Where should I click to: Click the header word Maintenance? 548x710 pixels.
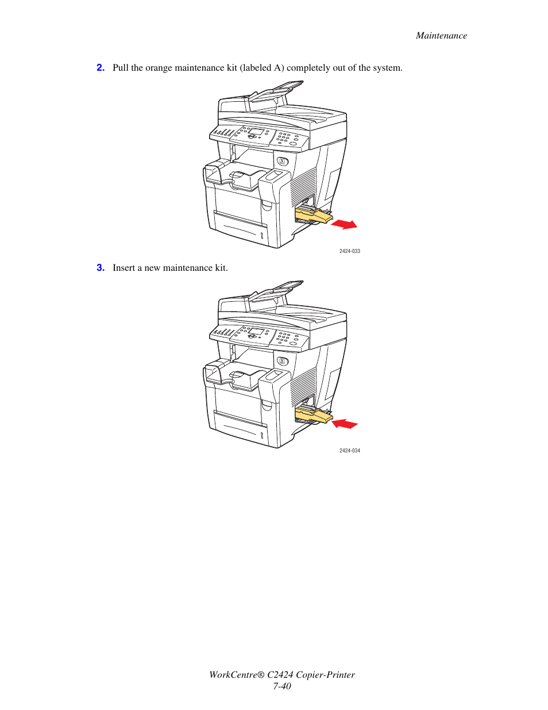[x=441, y=36]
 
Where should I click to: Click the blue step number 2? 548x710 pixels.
[x=101, y=68]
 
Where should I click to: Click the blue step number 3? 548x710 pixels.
[x=101, y=268]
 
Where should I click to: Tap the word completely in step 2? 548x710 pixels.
[x=308, y=68]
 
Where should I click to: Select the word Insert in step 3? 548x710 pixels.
[x=124, y=268]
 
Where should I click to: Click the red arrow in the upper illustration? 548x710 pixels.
[x=345, y=224]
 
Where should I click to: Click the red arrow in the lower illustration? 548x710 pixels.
[x=345, y=424]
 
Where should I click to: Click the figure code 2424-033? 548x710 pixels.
[x=349, y=251]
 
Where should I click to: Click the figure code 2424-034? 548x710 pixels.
[x=349, y=451]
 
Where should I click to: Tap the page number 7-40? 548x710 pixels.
[x=282, y=686]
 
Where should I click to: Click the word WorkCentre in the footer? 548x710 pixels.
[x=236, y=675]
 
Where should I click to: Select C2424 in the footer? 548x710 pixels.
[x=280, y=675]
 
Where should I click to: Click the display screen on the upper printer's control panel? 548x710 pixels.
[x=256, y=132]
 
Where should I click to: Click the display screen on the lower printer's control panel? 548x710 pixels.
[x=256, y=332]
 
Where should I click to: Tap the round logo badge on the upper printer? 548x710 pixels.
[x=282, y=162]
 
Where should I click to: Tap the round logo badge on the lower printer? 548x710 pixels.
[x=282, y=361]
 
